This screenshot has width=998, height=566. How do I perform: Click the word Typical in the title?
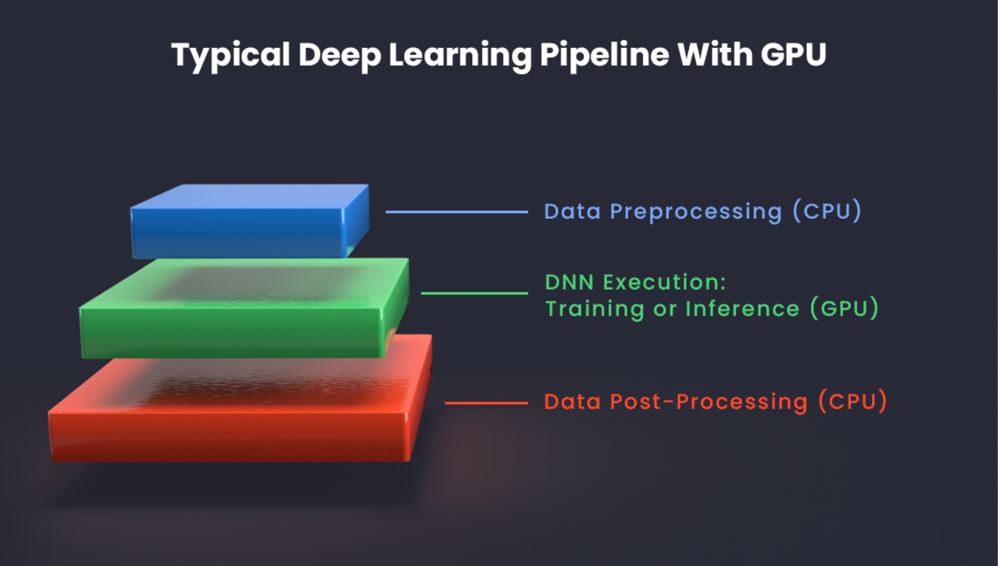click(x=230, y=55)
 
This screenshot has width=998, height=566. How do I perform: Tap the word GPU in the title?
click(x=793, y=55)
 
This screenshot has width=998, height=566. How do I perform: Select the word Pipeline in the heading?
click(x=604, y=55)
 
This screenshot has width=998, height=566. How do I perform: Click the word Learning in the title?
click(x=460, y=55)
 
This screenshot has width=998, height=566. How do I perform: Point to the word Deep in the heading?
click(x=339, y=55)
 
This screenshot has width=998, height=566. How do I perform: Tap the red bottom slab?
click(x=229, y=434)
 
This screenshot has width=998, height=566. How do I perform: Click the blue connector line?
click(x=456, y=212)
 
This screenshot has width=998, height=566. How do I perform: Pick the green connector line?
click(x=474, y=293)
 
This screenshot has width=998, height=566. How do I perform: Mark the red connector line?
click(x=486, y=403)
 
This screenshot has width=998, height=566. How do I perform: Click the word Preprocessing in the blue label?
click(x=696, y=212)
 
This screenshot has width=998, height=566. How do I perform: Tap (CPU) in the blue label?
click(x=827, y=211)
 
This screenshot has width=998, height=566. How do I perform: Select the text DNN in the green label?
click(x=569, y=282)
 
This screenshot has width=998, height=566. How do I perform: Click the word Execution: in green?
click(x=665, y=282)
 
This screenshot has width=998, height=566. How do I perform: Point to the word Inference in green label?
click(x=742, y=309)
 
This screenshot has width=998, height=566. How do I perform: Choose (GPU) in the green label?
click(x=844, y=309)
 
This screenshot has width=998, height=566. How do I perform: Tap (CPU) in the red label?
click(x=852, y=402)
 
